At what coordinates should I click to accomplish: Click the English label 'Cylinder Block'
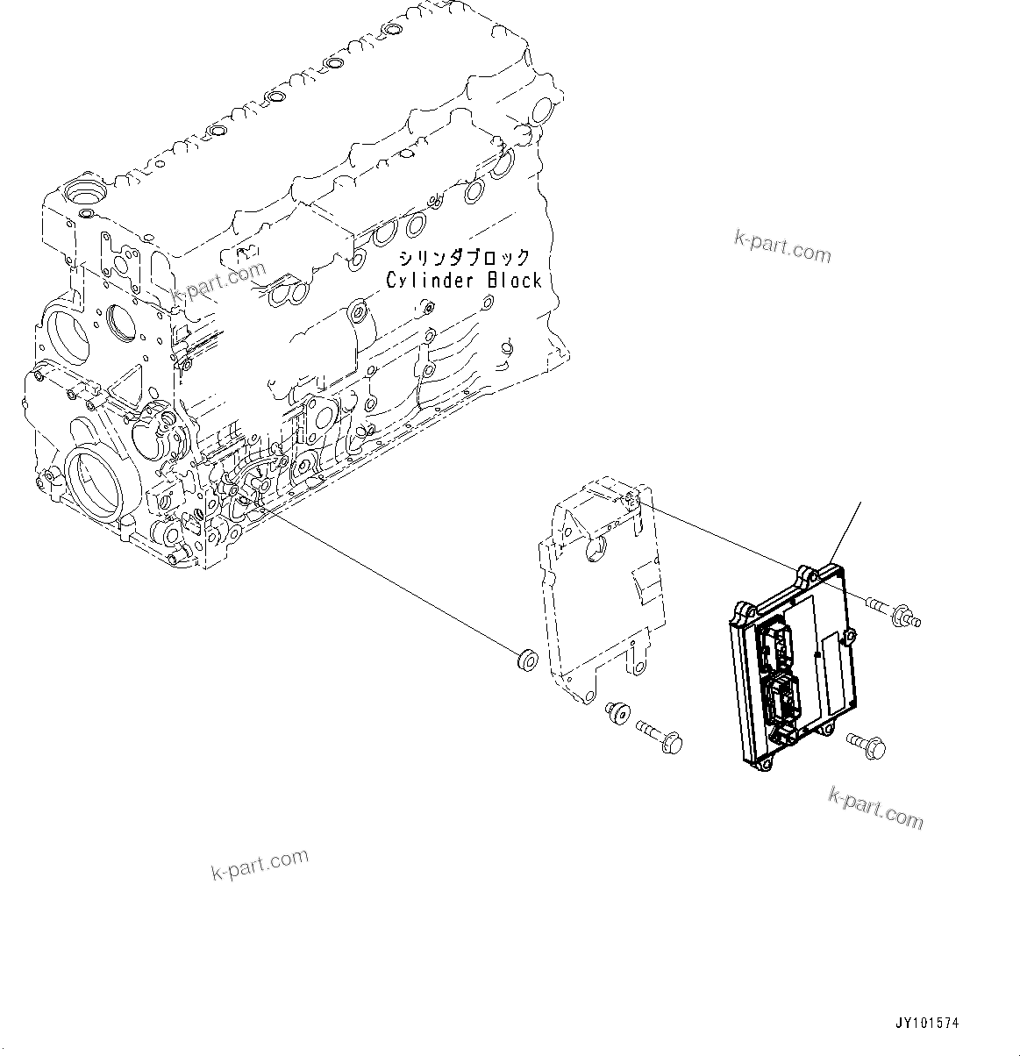[464, 281]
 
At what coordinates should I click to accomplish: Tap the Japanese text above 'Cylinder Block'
[464, 258]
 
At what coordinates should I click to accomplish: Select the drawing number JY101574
[927, 1023]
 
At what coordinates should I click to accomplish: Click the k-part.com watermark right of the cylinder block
[781, 246]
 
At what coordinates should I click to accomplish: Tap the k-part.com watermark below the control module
[875, 807]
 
